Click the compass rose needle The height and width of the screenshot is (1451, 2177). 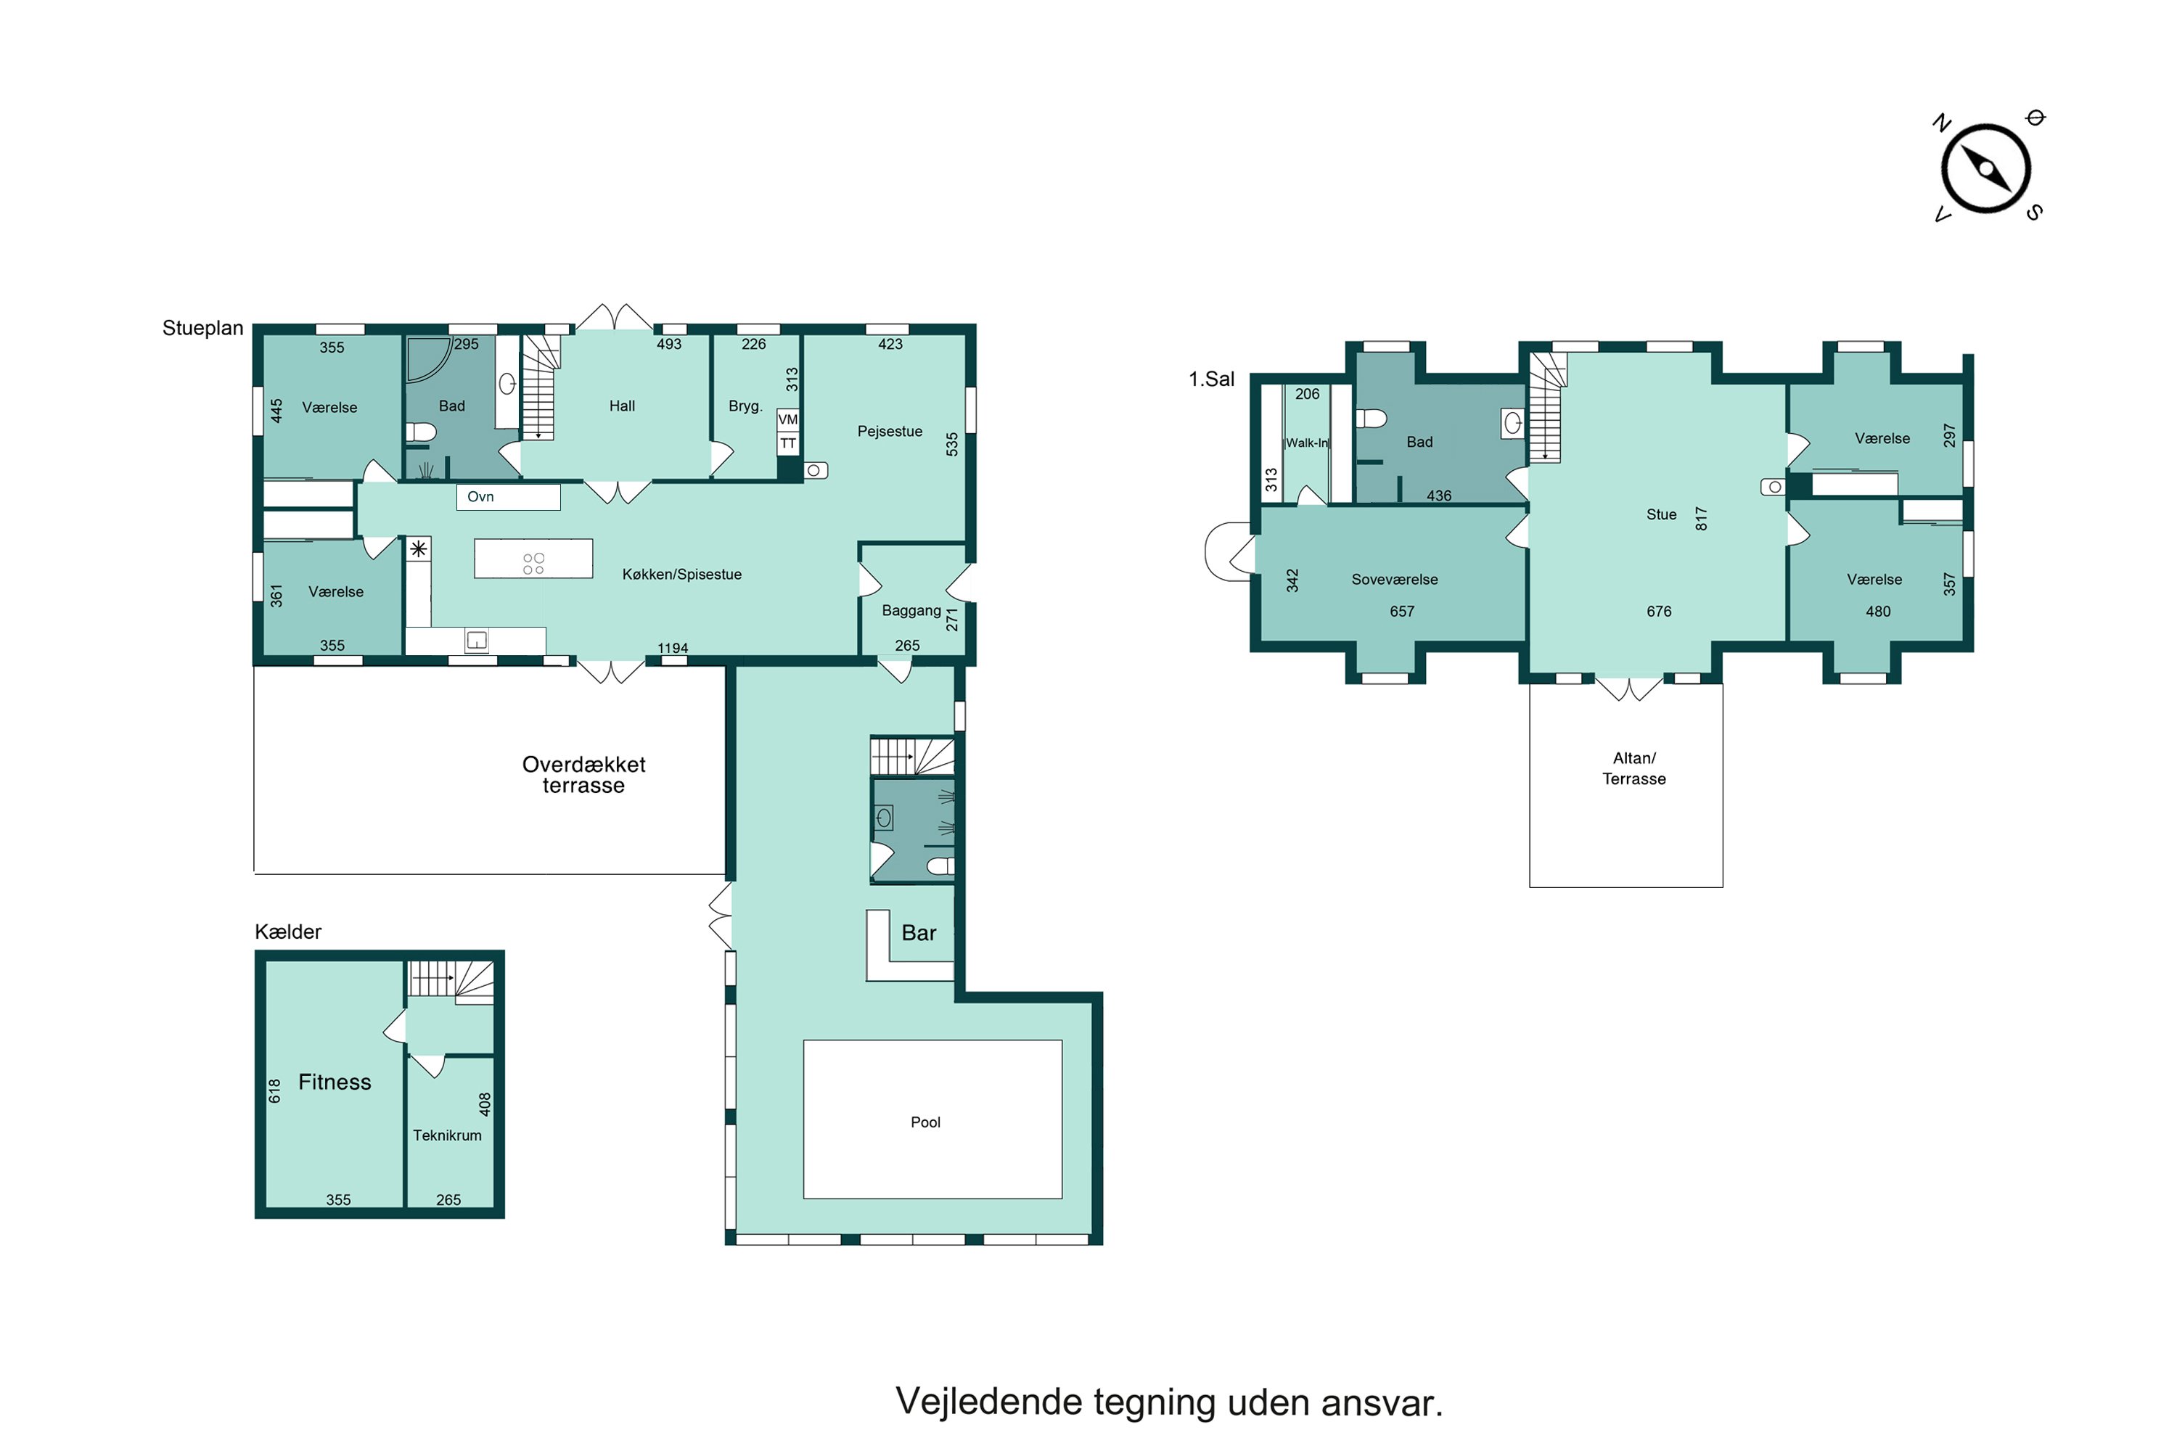coord(1986,169)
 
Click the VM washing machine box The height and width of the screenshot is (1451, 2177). coord(787,420)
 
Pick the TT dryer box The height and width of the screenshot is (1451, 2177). coord(787,444)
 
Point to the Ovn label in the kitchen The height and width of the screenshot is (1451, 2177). coord(480,497)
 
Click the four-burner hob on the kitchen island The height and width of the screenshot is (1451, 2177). coord(533,564)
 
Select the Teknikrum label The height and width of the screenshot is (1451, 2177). coord(447,1135)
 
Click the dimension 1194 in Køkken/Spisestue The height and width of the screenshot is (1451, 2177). coord(673,648)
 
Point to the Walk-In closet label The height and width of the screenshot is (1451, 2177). coord(1307,443)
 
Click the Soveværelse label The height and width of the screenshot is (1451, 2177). coord(1394,579)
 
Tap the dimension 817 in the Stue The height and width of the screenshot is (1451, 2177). coord(1700,518)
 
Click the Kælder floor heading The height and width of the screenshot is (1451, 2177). coord(288,932)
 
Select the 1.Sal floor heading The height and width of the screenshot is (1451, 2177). coord(1212,379)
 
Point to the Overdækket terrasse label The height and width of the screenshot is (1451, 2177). coord(583,775)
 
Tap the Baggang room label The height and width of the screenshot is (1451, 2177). coord(911,611)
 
